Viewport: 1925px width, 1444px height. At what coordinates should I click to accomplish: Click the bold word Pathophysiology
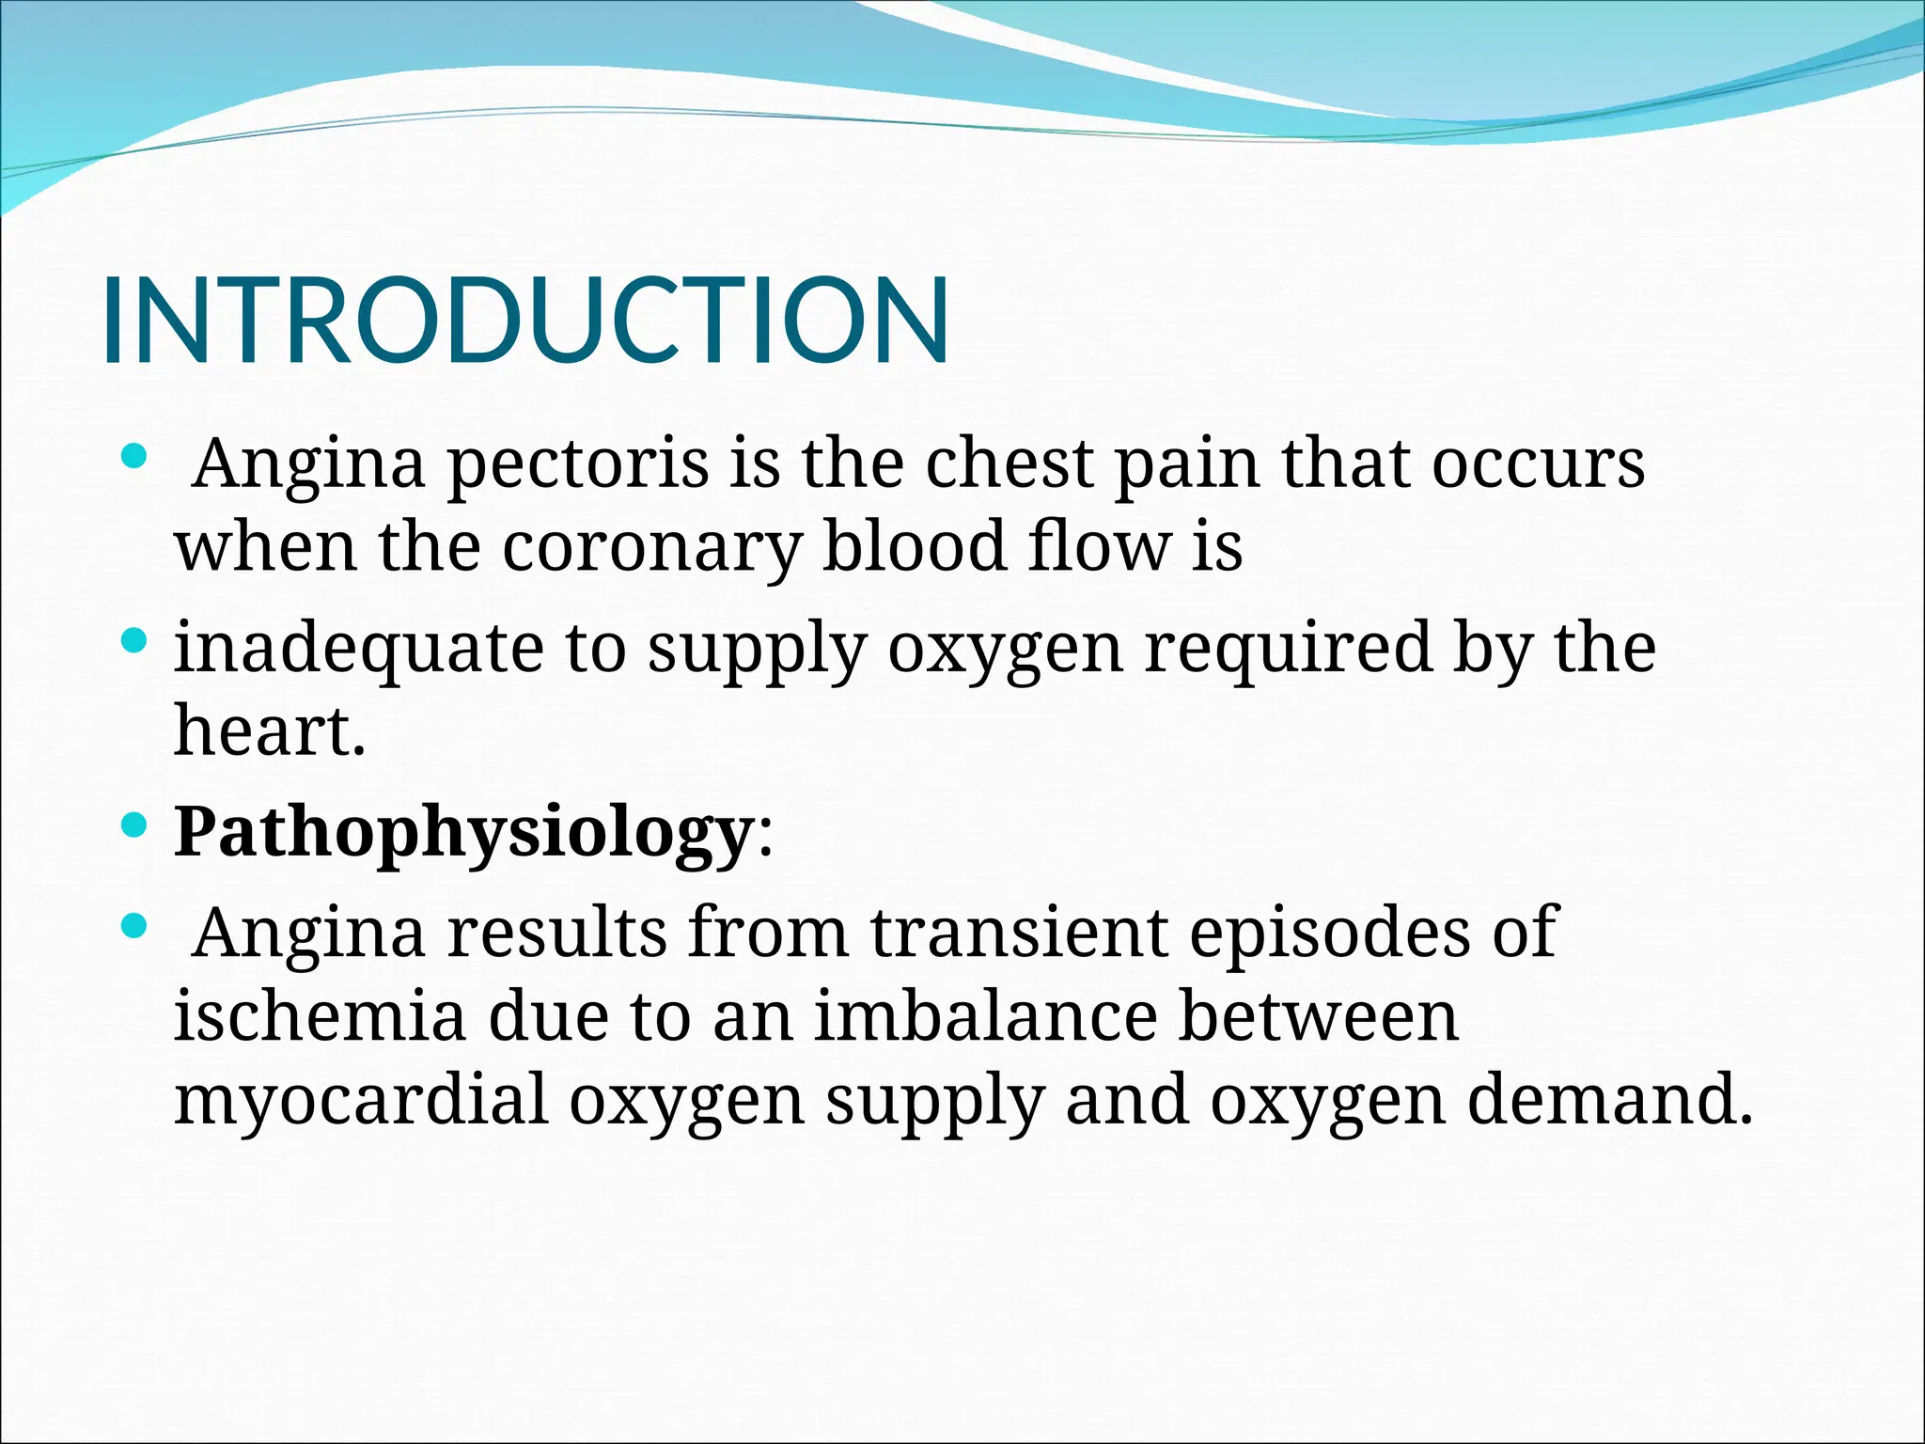(462, 833)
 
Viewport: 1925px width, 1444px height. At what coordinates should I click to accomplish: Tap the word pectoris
(577, 464)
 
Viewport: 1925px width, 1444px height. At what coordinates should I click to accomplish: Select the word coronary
(652, 547)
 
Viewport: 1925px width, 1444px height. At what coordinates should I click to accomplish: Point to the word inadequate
(359, 649)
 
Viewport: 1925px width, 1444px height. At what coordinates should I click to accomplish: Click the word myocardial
(361, 1100)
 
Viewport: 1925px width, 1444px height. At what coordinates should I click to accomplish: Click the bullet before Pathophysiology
(135, 826)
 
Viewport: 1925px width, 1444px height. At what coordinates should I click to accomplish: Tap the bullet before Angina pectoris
(135, 458)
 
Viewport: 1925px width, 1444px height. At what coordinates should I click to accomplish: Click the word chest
(1009, 464)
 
